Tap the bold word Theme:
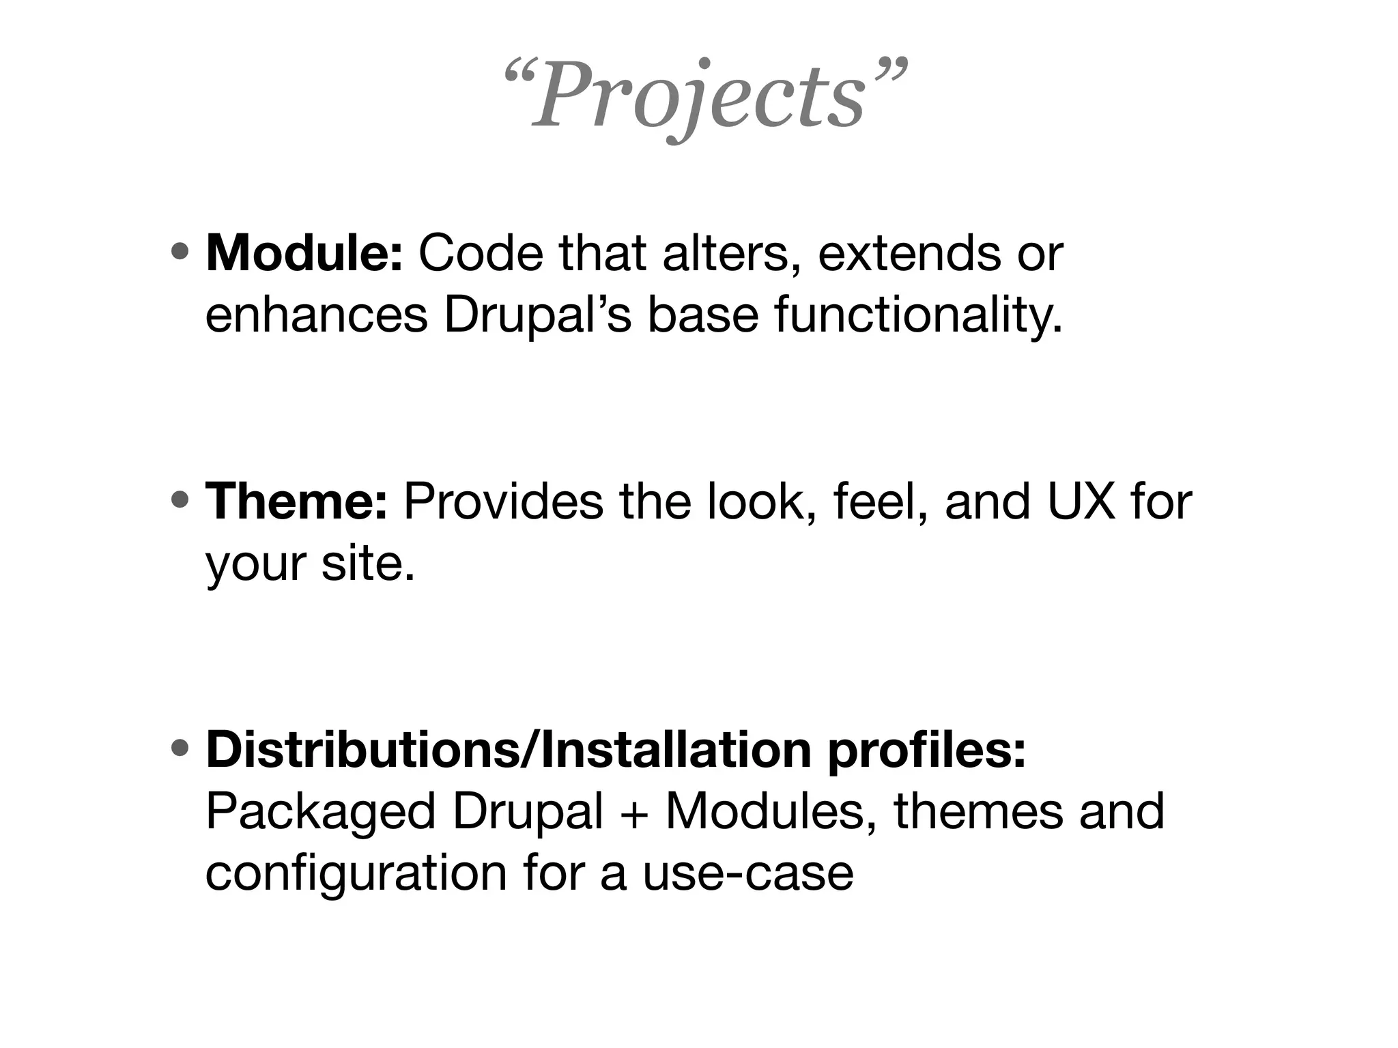point(296,502)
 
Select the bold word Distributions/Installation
point(508,750)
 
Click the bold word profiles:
point(926,750)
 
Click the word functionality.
point(918,316)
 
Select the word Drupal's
point(537,316)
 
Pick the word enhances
point(316,316)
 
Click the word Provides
point(503,502)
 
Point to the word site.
point(367,564)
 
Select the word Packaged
point(320,812)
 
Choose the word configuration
point(356,874)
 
